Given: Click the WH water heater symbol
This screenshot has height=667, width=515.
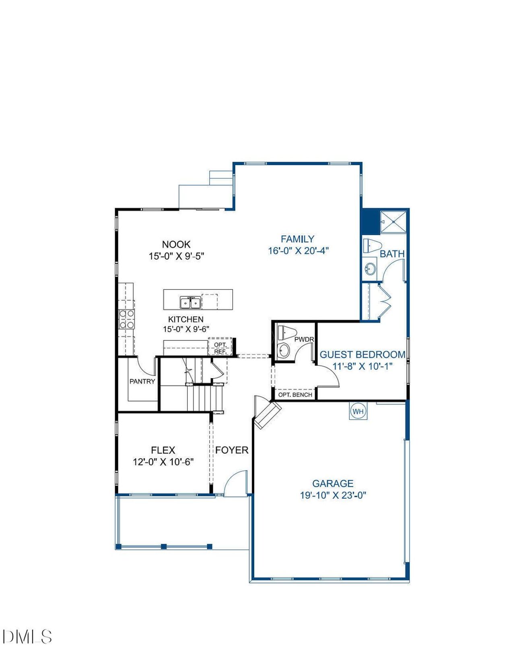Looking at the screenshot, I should (x=358, y=412).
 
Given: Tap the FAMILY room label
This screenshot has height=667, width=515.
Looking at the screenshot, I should (x=297, y=239).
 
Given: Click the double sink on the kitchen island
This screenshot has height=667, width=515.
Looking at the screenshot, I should (x=190, y=302).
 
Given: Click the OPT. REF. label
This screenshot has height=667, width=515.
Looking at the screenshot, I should (x=220, y=348).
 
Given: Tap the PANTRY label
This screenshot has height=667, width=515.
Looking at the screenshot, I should (x=142, y=381).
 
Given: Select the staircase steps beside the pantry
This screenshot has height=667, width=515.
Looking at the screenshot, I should (x=205, y=398).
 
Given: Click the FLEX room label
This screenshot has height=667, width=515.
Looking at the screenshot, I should (x=163, y=450).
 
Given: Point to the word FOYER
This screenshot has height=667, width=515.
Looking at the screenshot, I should (x=232, y=450).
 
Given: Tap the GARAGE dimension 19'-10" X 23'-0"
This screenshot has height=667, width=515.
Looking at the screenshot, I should (x=333, y=495).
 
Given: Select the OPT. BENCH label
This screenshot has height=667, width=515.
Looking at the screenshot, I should (x=295, y=395).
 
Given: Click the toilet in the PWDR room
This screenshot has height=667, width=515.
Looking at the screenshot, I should (x=286, y=333).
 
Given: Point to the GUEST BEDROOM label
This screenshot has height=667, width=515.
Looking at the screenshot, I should (x=362, y=355).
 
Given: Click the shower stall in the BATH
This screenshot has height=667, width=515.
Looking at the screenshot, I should (x=393, y=221).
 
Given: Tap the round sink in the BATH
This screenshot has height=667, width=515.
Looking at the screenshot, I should (x=370, y=268).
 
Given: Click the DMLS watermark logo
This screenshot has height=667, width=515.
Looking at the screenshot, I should (x=27, y=637).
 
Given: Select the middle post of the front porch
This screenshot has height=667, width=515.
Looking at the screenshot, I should (x=164, y=547).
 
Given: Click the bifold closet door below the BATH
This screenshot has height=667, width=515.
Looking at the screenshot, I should (x=385, y=302).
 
